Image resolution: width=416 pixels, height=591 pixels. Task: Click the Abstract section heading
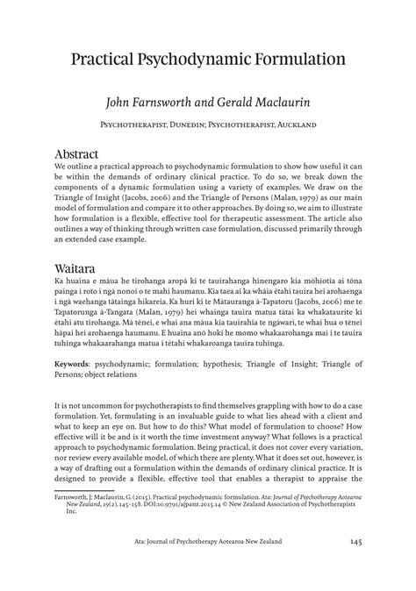coord(86,154)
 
